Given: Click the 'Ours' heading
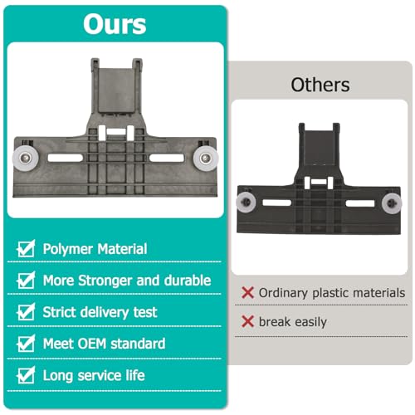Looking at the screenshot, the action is point(115,24).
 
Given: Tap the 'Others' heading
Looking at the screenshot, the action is point(320,85).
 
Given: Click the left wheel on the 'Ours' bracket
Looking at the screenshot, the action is point(26,158).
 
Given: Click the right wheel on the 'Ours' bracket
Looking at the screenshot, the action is point(205,158).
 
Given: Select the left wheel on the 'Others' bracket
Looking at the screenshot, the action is point(246,202).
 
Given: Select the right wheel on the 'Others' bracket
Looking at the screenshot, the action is point(392,203).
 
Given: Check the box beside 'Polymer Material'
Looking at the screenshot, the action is point(26,248).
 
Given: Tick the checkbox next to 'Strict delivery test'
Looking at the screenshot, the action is point(26,312).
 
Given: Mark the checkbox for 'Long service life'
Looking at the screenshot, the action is point(26,375).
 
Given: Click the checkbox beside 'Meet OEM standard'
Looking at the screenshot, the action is point(26,344).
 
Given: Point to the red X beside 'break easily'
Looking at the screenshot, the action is point(247,321).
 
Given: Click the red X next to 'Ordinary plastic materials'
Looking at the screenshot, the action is point(247,293).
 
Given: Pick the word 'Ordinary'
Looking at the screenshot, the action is point(283,293).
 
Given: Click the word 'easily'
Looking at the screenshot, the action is point(310,322).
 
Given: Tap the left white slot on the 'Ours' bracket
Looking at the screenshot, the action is point(65,158).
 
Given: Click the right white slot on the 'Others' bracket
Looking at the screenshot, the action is point(360,203).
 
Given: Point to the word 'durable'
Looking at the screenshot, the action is point(188,281).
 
